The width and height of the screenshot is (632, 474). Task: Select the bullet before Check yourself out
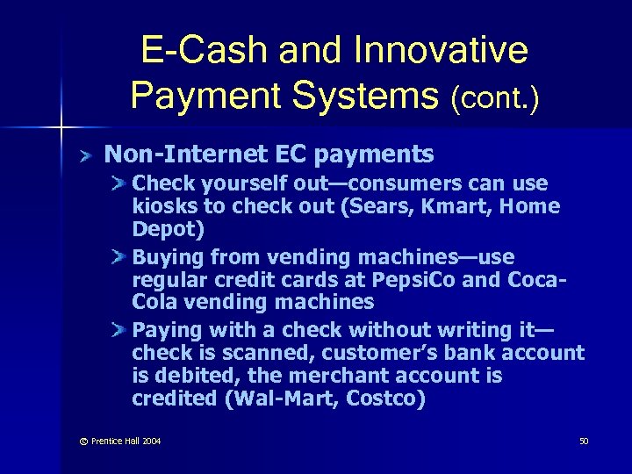pyautogui.click(x=119, y=184)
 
